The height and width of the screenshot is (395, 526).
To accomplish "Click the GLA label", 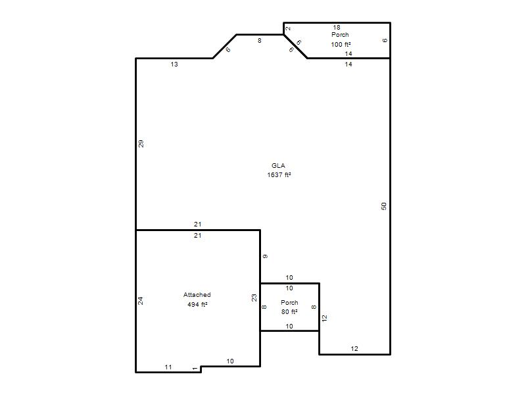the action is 278,166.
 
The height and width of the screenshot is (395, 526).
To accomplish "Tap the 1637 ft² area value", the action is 279,174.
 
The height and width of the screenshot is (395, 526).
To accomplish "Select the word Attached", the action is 197,294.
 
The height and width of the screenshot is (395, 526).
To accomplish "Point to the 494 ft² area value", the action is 197,304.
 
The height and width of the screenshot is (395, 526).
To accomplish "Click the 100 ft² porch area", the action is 341,44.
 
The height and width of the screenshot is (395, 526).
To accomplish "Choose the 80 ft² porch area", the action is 289,311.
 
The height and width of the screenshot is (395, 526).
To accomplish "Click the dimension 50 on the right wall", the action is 384,206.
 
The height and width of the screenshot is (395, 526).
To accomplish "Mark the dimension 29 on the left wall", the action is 141,144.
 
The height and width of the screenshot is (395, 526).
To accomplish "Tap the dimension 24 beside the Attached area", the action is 141,301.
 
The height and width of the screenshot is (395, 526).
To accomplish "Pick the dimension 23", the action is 254,298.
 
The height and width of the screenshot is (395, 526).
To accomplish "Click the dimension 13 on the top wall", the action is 174,64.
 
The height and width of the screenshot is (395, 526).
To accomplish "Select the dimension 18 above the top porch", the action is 337,27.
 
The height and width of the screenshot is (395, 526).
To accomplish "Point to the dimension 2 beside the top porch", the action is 288,28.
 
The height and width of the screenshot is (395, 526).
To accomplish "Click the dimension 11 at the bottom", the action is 168,367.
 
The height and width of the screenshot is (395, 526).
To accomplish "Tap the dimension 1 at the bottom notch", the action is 195,369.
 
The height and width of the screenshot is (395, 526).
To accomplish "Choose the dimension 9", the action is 265,257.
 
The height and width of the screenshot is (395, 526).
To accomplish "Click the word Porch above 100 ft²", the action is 340,35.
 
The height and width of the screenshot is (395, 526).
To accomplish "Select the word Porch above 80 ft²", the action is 289,302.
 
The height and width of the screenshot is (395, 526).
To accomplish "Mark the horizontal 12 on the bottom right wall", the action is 354,349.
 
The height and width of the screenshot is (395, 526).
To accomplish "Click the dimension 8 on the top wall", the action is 259,41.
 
